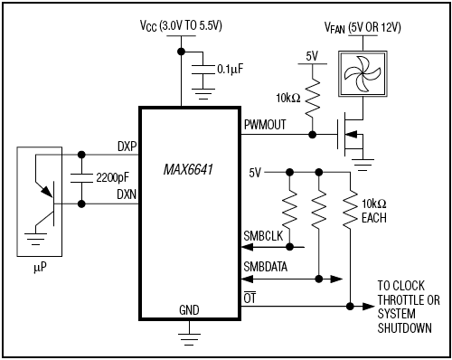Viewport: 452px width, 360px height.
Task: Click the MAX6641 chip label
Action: click(190, 169)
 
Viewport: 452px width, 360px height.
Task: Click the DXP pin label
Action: click(126, 144)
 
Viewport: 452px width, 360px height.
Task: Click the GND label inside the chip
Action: click(190, 309)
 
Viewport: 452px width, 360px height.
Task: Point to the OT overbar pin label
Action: click(250, 298)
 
